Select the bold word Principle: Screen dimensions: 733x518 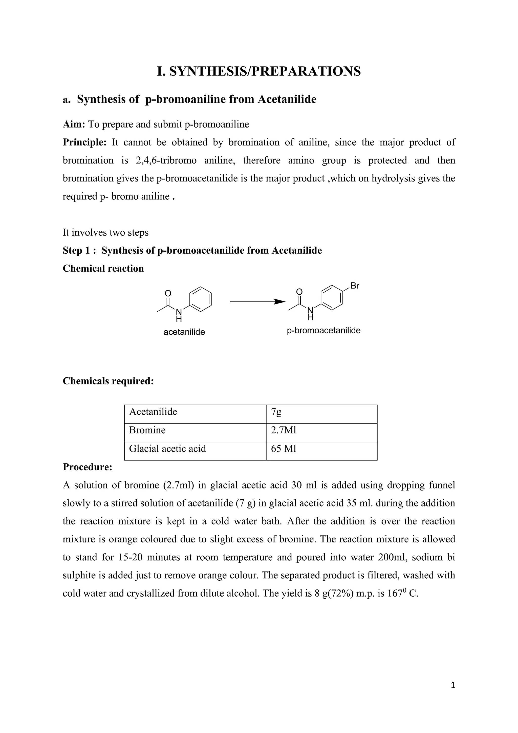coord(84,142)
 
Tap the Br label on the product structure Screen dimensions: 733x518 coord(355,286)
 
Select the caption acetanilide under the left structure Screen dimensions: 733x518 coord(184,332)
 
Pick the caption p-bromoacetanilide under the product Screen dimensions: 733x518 coord(323,330)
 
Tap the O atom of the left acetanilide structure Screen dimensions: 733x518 coord(168,293)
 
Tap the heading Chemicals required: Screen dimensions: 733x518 coord(108,381)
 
